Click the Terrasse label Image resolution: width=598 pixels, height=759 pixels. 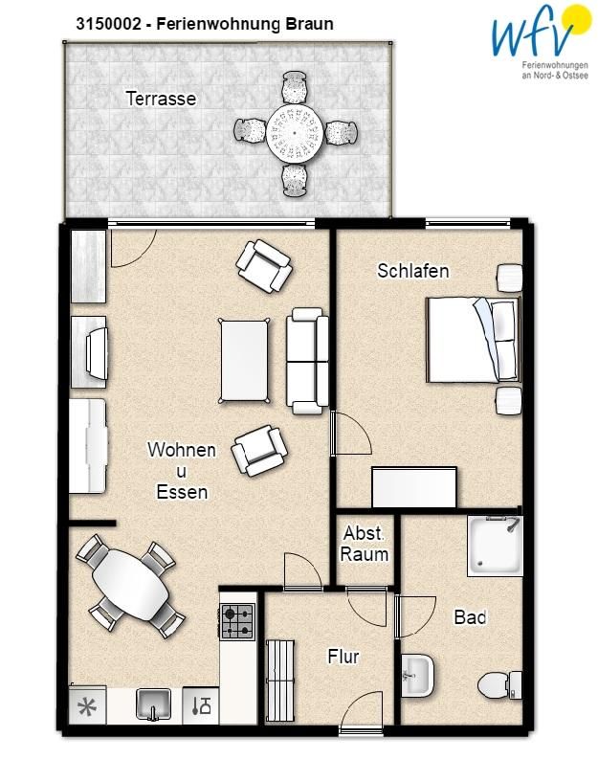[161, 99]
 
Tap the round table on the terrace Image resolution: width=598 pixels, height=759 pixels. [295, 132]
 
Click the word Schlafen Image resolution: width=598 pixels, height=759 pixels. [412, 271]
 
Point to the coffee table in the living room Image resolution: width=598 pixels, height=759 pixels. [244, 360]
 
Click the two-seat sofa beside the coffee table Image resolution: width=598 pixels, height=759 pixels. [307, 361]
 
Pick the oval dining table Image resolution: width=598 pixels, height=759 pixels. [131, 585]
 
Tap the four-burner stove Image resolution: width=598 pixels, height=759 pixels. [237, 621]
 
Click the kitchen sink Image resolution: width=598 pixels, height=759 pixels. [153, 704]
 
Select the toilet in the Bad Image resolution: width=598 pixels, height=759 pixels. [499, 685]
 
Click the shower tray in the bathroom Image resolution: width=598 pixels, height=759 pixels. [495, 546]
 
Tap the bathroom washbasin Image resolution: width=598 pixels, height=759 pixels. [417, 676]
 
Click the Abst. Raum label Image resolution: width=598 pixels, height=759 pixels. [365, 544]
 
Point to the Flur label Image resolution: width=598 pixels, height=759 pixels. [343, 657]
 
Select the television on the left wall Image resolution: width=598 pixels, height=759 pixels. [97, 352]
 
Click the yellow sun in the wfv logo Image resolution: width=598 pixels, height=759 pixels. [578, 19]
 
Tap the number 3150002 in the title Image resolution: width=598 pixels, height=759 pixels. [108, 24]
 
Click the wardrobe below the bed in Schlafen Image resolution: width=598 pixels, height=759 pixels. [414, 487]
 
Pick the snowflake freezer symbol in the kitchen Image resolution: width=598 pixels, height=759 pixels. [87, 707]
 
